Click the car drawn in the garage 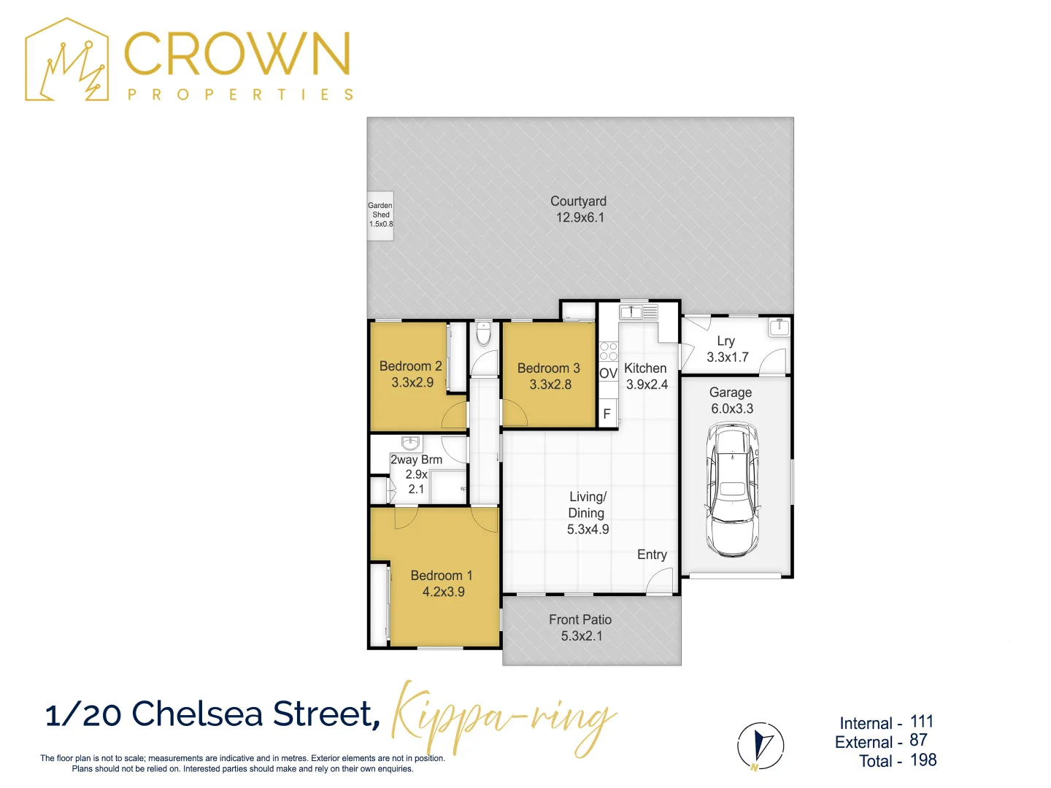click(732, 490)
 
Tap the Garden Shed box click(380, 215)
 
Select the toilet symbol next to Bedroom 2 click(483, 335)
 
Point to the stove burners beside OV click(608, 352)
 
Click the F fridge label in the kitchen click(607, 414)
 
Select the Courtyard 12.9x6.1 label click(579, 209)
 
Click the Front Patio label click(580, 619)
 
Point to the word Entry click(652, 555)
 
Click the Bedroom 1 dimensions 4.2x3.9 click(443, 592)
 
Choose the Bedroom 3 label click(549, 368)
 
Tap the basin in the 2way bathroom click(411, 443)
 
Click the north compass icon click(761, 746)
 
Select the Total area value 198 click(923, 760)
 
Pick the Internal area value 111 click(922, 722)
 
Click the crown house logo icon click(67, 61)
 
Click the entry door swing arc click(661, 581)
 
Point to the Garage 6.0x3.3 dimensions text click(732, 409)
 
